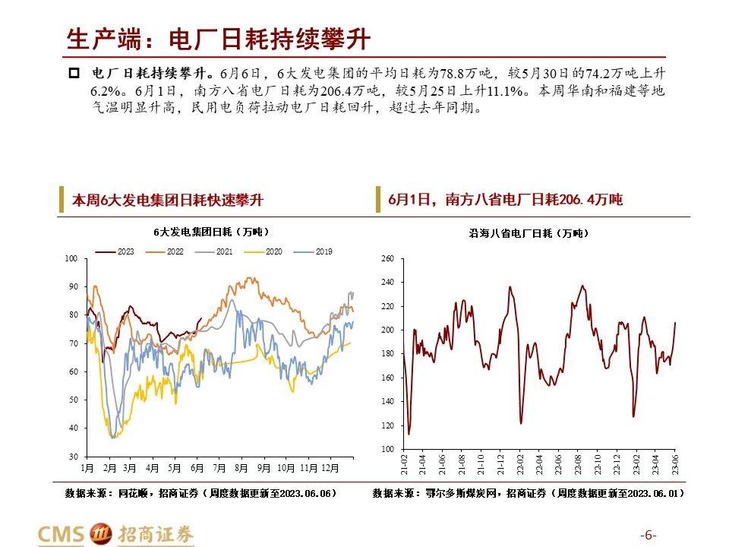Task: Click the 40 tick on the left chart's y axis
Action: (73, 428)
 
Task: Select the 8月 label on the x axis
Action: (241, 468)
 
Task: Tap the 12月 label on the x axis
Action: (330, 468)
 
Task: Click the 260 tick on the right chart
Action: (387, 259)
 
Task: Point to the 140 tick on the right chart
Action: (387, 401)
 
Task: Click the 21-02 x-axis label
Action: (405, 463)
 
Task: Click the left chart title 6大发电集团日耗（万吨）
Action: (211, 231)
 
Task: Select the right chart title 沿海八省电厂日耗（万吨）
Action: (529, 233)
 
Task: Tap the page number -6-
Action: (649, 533)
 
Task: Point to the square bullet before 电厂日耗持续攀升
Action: (74, 74)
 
